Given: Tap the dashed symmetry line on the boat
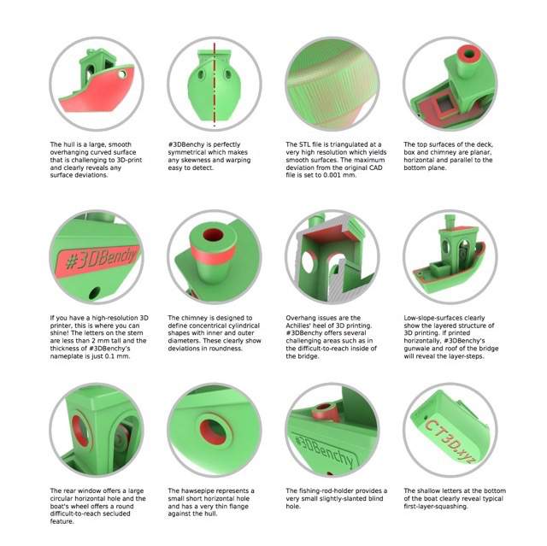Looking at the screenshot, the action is pos(215,85).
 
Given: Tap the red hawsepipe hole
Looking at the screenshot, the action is pos(213,432).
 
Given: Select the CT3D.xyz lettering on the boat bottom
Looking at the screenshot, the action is pos(450,442).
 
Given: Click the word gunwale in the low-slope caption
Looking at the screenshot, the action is pos(418,349).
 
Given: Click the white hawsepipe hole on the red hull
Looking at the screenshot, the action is pos(122,74).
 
